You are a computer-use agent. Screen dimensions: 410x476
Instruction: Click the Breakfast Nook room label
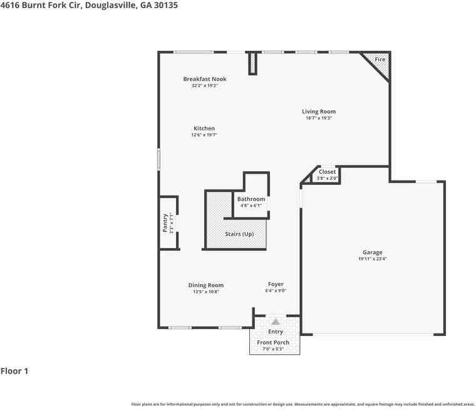point(205,79)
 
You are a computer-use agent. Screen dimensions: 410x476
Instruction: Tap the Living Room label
point(319,112)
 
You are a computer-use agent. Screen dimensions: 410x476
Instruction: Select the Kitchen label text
point(204,129)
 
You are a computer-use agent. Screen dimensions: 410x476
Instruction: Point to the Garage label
point(372,253)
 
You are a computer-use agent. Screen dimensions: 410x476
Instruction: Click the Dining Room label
point(205,285)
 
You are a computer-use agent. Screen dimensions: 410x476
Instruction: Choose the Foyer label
point(276,285)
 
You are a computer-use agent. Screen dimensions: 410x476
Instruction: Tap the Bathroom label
point(251,199)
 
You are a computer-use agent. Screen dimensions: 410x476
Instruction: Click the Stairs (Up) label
point(239,234)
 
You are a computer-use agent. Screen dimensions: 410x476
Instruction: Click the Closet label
point(327,172)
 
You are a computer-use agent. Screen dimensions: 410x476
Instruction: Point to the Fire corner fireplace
point(380,60)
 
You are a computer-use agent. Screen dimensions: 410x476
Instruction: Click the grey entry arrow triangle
point(276,321)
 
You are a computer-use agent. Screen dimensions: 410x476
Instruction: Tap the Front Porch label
point(273,342)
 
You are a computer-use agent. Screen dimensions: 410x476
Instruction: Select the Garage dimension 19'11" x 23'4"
point(372,259)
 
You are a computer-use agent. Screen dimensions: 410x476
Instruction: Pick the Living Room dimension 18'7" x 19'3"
point(318,118)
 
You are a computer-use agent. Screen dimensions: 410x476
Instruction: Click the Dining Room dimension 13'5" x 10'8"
point(205,292)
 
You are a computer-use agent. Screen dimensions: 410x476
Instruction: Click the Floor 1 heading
point(14,371)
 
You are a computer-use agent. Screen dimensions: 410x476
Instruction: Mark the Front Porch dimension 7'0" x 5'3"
point(273,349)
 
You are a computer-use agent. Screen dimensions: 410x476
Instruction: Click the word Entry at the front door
point(276,332)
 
